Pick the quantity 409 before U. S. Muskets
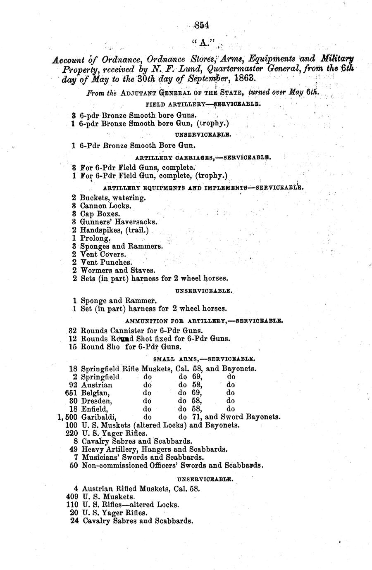tap(72, 496)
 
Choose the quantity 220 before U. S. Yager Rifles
tap(72, 433)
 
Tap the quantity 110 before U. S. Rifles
tap(72, 505)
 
